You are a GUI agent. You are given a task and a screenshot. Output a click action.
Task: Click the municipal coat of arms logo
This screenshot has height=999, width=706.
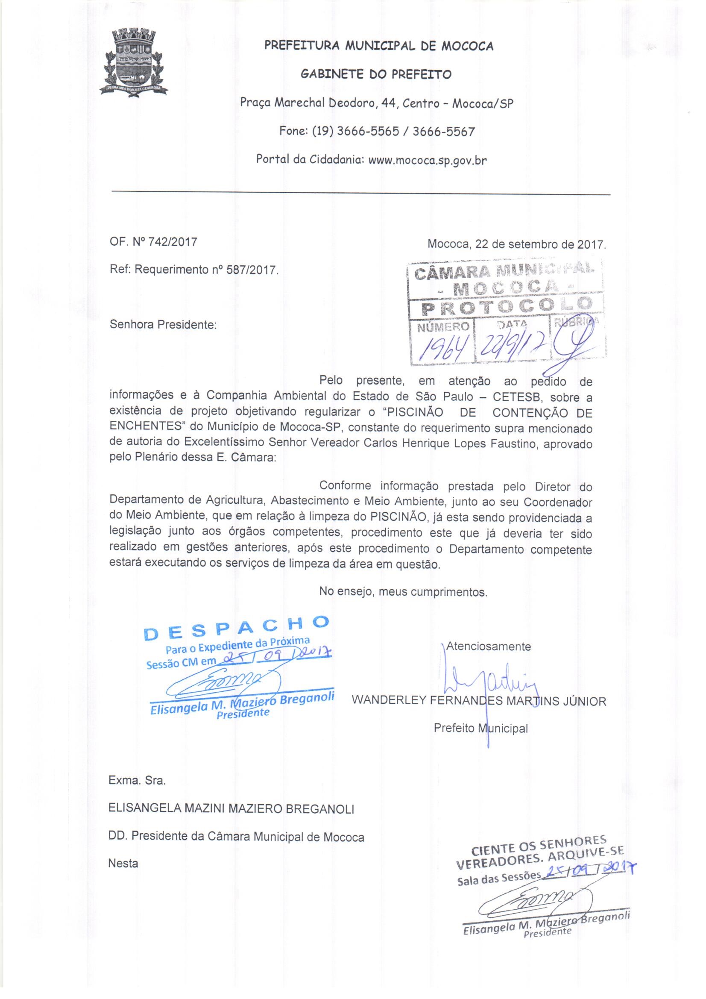(x=135, y=61)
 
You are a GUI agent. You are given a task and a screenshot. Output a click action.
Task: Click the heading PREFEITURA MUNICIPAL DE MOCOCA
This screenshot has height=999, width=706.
(x=379, y=46)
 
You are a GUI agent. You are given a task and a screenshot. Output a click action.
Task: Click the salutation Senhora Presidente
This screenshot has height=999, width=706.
(x=163, y=325)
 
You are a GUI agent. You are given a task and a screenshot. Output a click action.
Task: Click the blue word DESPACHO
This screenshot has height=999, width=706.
(x=236, y=626)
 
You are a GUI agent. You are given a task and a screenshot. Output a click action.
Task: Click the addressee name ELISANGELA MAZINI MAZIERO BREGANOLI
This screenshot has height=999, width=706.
(x=231, y=809)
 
